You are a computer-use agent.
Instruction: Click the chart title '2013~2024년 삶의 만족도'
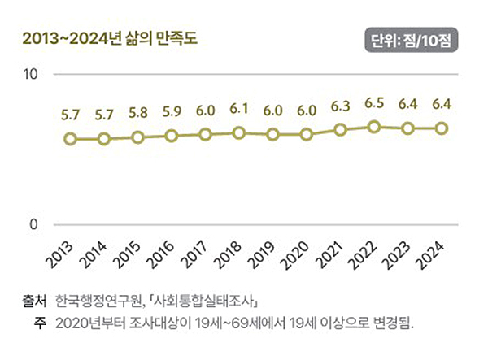[110, 38]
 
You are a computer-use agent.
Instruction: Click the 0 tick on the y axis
[34, 225]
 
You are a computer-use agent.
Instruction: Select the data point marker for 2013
[71, 139]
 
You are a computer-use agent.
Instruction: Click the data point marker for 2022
[374, 127]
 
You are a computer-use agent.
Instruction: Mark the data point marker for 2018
[239, 132]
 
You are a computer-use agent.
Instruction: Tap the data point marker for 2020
[307, 134]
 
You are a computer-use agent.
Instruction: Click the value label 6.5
[374, 103]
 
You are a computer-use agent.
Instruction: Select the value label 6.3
[340, 106]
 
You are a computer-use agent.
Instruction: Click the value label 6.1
[239, 109]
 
